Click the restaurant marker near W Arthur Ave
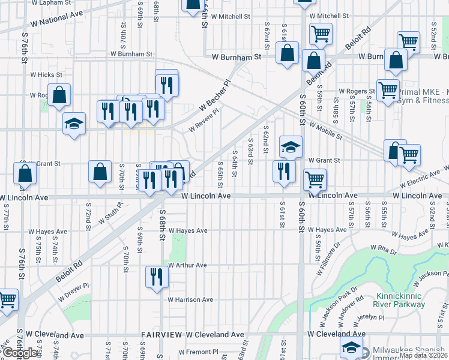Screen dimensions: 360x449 [156, 277]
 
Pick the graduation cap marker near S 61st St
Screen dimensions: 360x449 [291, 146]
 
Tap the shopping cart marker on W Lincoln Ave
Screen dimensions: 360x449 [315, 178]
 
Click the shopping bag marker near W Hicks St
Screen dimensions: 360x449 [59, 95]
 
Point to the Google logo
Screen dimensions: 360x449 [21, 353]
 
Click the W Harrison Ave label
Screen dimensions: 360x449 [190, 299]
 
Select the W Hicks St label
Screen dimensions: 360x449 [46, 75]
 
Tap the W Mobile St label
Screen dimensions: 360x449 [325, 131]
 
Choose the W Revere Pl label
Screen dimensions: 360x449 [204, 119]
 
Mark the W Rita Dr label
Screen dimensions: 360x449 [385, 248]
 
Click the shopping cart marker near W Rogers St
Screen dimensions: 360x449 [388, 90]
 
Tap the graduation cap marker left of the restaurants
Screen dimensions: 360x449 [74, 124]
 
